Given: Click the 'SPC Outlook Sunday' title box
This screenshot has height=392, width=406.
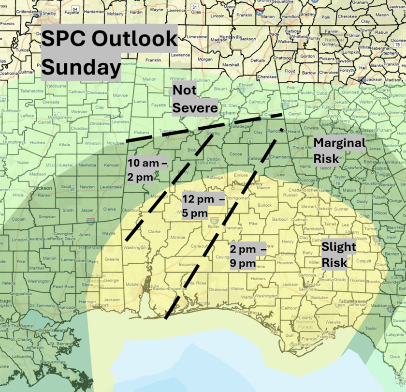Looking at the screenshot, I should tap(109, 53).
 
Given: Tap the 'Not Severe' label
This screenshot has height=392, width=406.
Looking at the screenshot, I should tap(194, 99).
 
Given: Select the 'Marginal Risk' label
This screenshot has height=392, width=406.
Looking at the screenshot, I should tap(339, 151).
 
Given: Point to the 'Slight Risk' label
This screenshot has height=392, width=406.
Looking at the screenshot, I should tap(339, 255).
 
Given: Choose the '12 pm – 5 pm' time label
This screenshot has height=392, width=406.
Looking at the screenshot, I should tap(203, 206).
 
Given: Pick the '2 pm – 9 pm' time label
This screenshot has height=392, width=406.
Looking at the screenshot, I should tap(247, 256).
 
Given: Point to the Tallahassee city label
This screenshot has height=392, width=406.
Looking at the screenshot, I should tap(351, 301).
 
